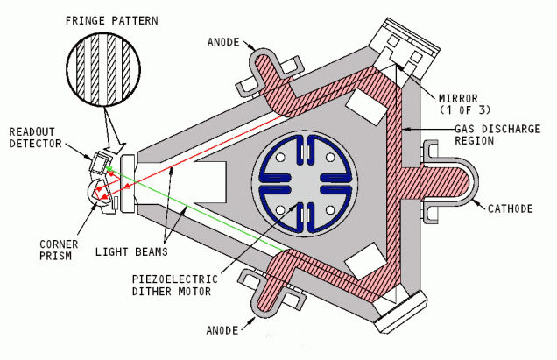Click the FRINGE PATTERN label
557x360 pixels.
click(x=112, y=20)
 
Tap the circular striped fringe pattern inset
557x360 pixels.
click(x=103, y=69)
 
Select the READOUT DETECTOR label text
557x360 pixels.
click(x=35, y=138)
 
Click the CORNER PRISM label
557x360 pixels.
click(x=59, y=250)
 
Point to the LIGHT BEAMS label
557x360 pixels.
click(x=131, y=252)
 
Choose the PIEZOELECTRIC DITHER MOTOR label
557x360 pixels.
click(x=174, y=285)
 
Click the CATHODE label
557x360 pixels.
click(x=510, y=208)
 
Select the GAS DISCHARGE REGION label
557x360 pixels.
click(x=497, y=135)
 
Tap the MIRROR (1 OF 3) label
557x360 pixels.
click(x=465, y=103)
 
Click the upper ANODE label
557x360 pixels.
click(x=223, y=42)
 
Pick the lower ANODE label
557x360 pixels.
click(x=222, y=330)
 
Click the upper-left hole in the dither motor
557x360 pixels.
click(x=280, y=157)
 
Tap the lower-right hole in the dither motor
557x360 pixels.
click(x=330, y=210)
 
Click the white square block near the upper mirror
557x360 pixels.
click(x=366, y=106)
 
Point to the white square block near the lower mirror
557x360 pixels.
click(x=366, y=261)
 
